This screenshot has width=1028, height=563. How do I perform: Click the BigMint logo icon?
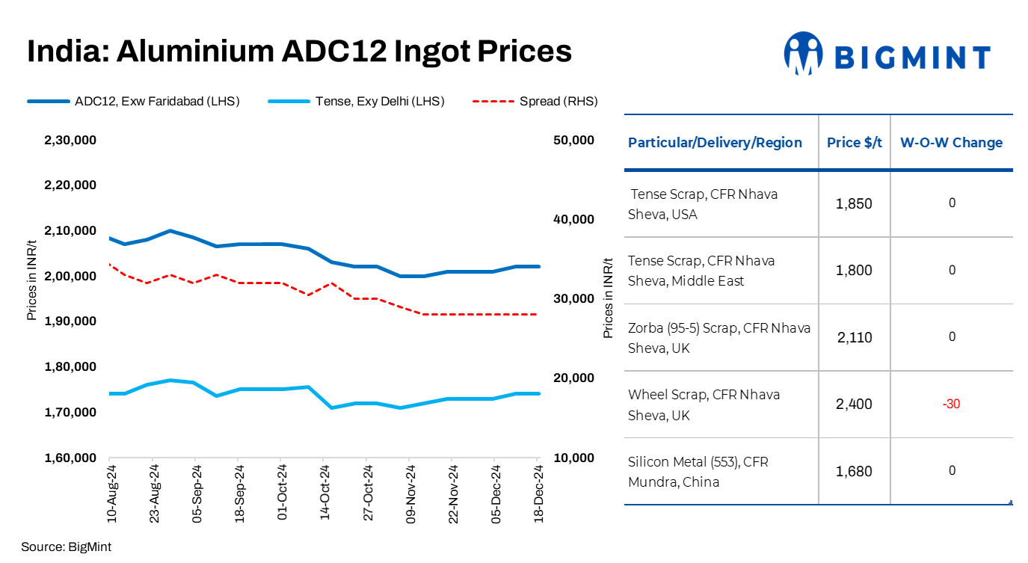pos(803,54)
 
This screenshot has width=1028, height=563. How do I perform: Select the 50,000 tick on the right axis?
pos(573,141)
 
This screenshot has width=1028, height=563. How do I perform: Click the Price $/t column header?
pos(855,143)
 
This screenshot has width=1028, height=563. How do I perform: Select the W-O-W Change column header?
pos(951,143)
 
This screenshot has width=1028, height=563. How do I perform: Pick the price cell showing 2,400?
pos(854,404)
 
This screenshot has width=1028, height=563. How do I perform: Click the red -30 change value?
pos(951,404)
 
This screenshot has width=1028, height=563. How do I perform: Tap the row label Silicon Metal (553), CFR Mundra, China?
pos(698,472)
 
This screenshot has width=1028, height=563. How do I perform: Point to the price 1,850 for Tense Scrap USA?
pos(854,204)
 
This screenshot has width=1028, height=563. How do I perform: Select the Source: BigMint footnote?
pos(66,547)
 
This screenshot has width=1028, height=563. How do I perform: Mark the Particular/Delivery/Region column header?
pos(715,143)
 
